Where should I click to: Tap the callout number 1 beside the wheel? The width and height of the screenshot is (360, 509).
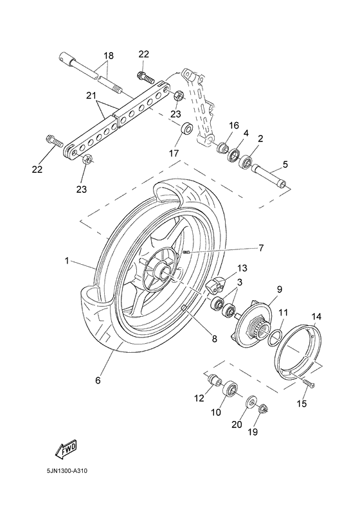click(x=66, y=262)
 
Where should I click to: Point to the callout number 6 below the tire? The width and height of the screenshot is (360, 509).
click(x=98, y=380)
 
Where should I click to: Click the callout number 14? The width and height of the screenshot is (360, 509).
click(x=316, y=317)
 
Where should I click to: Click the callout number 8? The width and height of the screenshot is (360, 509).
click(x=215, y=338)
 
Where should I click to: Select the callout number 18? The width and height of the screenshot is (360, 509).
click(x=108, y=57)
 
